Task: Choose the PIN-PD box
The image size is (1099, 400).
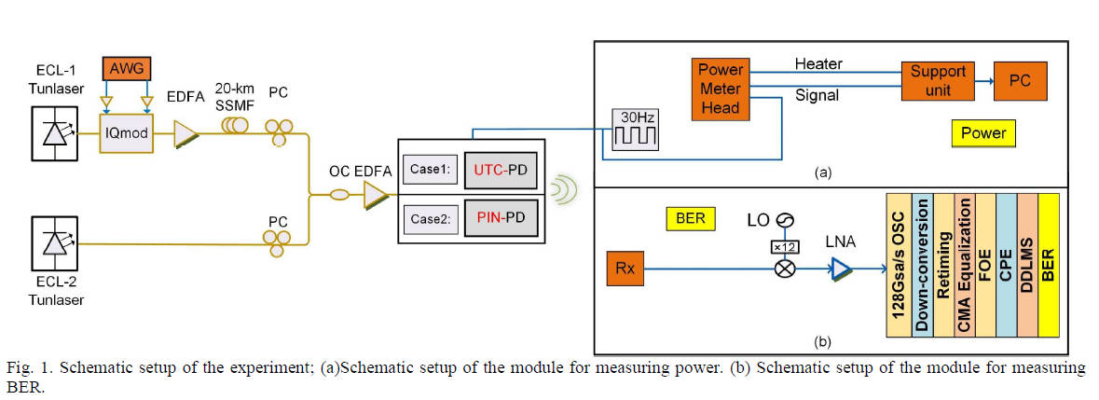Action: point(501,225)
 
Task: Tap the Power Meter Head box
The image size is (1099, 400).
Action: point(721,89)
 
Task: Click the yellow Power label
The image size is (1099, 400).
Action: point(983,133)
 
